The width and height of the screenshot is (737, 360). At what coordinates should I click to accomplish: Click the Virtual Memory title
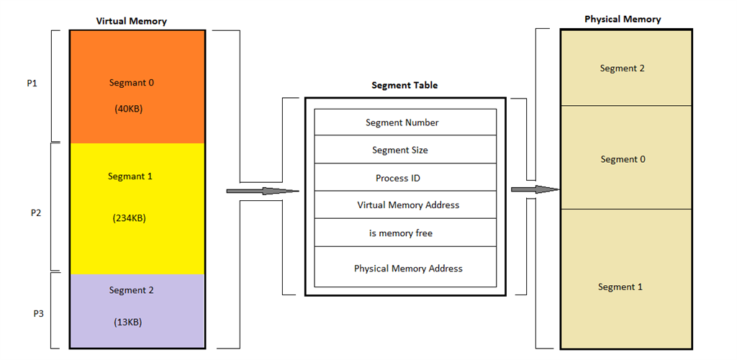[131, 21]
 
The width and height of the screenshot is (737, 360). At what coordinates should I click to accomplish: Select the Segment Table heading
[404, 85]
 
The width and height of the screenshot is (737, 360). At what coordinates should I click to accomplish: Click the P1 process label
[32, 84]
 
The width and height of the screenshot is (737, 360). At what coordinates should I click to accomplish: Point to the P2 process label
[35, 213]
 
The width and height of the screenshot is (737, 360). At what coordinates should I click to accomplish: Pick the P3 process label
[39, 314]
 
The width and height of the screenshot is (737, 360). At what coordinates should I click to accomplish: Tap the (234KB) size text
[130, 217]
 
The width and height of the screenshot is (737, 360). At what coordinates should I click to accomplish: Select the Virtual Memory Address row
[407, 205]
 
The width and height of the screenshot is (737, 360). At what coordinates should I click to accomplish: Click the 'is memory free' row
[400, 233]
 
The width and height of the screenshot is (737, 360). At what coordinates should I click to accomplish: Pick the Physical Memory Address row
[407, 269]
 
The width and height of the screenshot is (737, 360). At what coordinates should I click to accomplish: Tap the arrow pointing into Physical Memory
[535, 189]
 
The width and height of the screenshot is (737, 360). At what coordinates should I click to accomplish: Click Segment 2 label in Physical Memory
[622, 68]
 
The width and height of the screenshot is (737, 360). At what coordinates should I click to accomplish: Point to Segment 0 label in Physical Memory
[623, 159]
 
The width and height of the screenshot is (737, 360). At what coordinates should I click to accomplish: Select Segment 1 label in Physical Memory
[620, 287]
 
